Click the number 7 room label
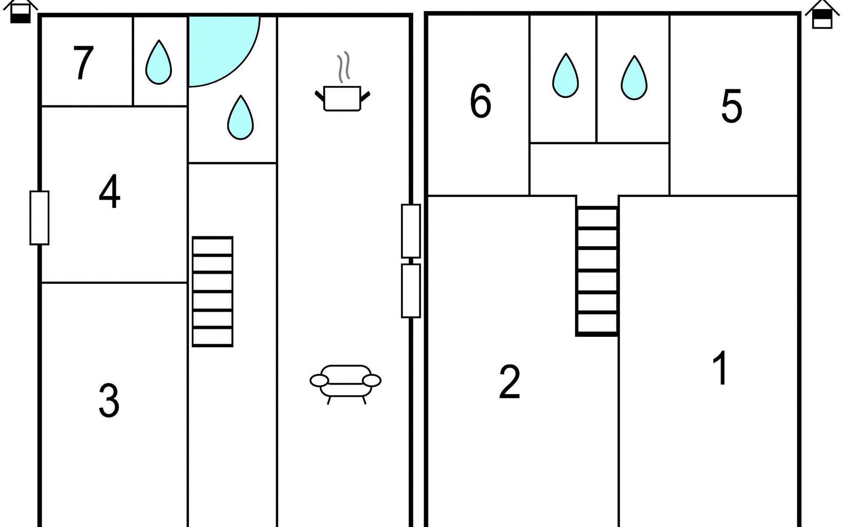(83, 63)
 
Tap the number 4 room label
(109, 191)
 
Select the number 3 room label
(109, 401)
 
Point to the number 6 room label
(480, 101)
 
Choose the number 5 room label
(731, 106)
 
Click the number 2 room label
(510, 382)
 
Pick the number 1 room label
(720, 368)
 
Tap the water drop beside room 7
(159, 62)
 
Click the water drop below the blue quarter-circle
(241, 118)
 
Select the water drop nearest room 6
(566, 76)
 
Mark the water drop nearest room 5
(634, 77)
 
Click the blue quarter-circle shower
(224, 51)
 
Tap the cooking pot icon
(342, 98)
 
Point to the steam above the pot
(344, 67)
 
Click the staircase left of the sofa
(213, 292)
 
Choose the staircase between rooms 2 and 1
(597, 271)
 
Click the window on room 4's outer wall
(40, 218)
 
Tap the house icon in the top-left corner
(20, 11)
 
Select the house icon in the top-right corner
(822, 14)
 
